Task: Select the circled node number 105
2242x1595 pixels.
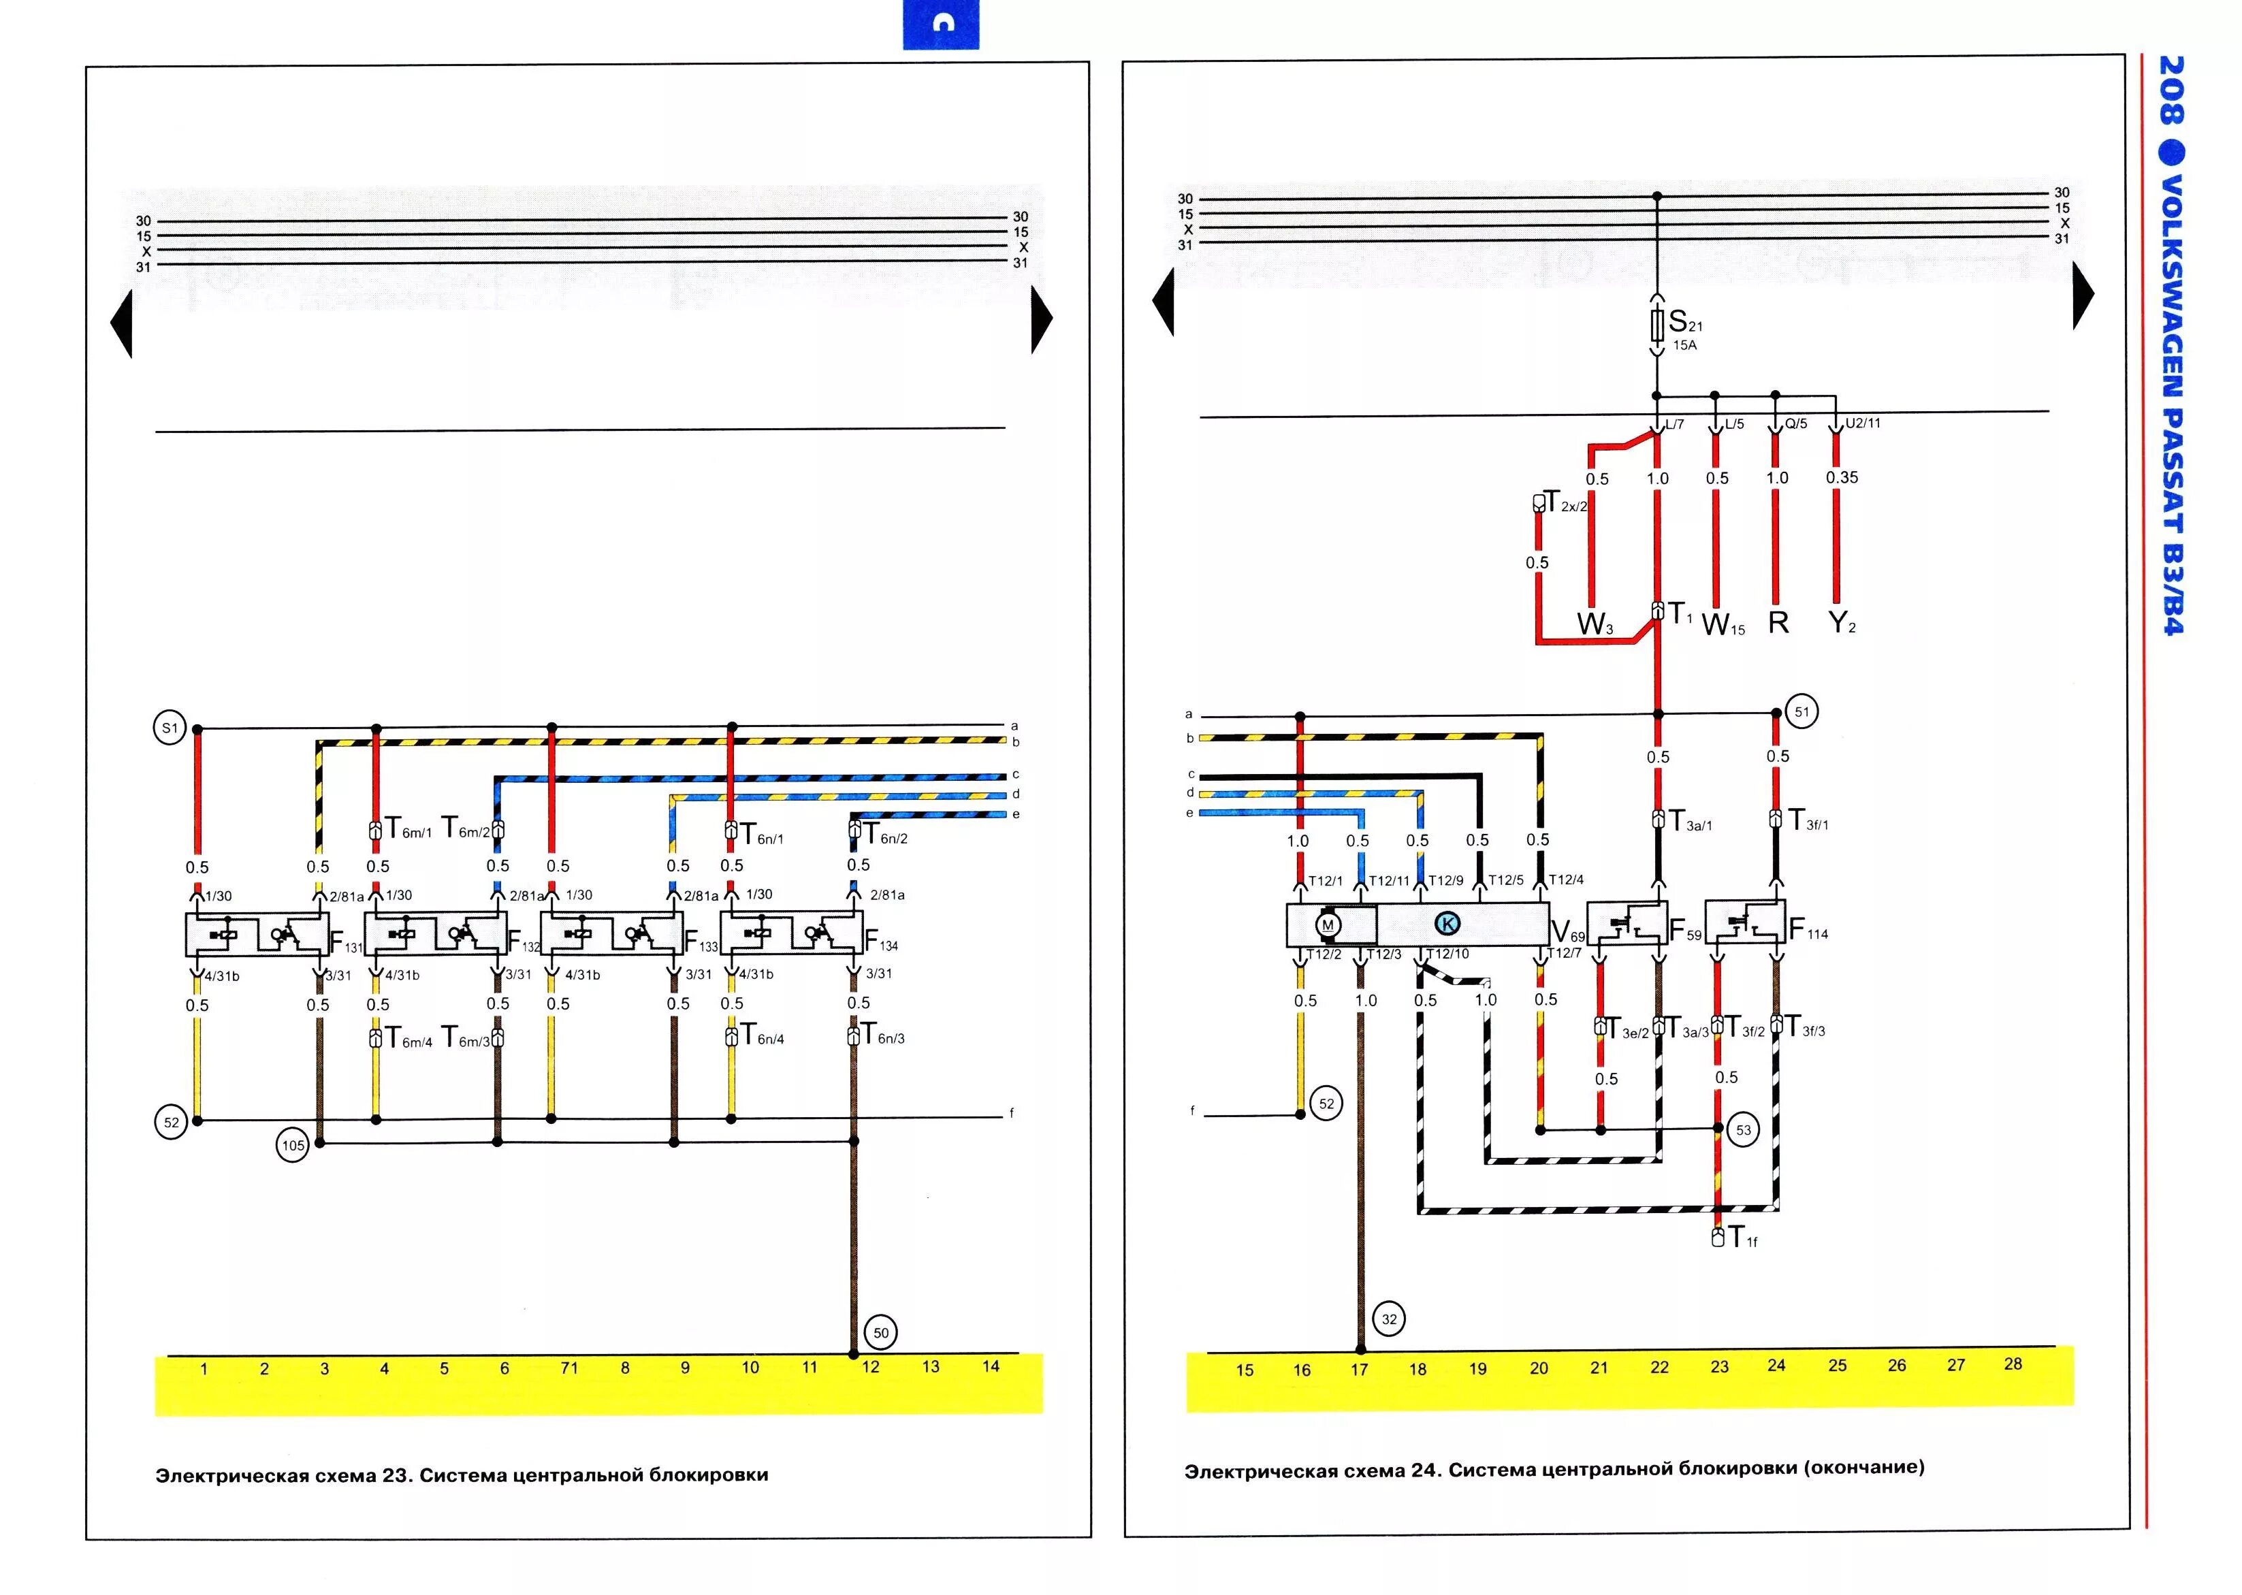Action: (x=293, y=1145)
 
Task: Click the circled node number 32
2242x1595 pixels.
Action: (x=1389, y=1319)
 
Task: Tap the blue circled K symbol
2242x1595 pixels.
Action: (x=1447, y=923)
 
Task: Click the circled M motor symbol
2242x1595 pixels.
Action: (x=1328, y=925)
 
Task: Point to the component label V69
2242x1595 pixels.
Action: (x=1567, y=932)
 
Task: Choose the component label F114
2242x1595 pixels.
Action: (x=1808, y=930)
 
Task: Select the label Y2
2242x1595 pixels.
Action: (x=1842, y=623)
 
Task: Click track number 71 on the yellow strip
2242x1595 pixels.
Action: (x=568, y=1368)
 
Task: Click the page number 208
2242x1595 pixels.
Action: (x=2171, y=91)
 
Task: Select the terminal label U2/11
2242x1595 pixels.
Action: (x=1863, y=423)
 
